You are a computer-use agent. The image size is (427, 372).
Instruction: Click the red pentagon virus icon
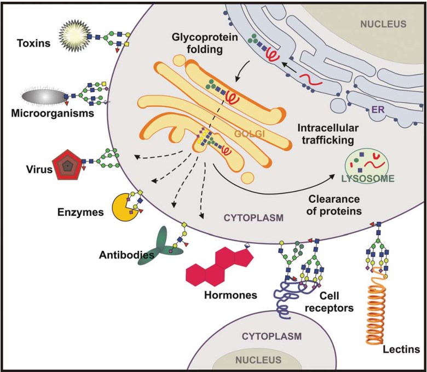[67, 164]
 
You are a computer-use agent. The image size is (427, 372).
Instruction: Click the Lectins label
[401, 349]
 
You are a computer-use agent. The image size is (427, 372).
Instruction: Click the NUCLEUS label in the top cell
[383, 24]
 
